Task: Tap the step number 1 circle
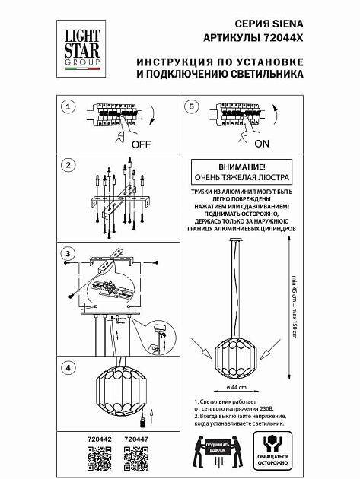coord(68,107)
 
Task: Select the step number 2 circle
coord(68,165)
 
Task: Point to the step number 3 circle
coord(68,253)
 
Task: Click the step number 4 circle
coord(68,367)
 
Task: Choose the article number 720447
coord(135,439)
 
